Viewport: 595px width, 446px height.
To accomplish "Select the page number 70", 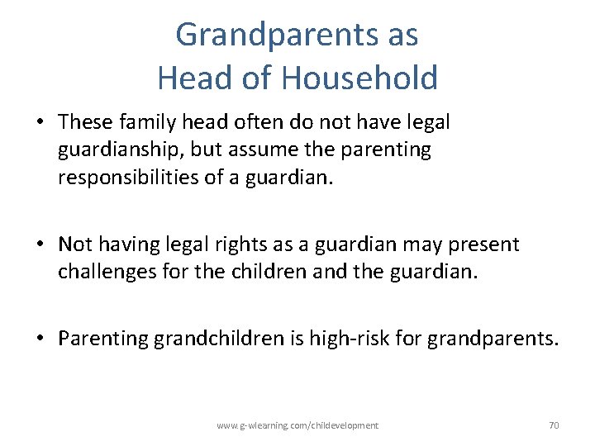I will [554, 425].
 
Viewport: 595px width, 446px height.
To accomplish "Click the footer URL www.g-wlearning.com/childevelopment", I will [297, 425].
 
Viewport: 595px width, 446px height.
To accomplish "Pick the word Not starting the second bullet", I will [75, 244].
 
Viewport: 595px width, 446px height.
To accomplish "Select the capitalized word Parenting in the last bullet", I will [102, 339].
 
